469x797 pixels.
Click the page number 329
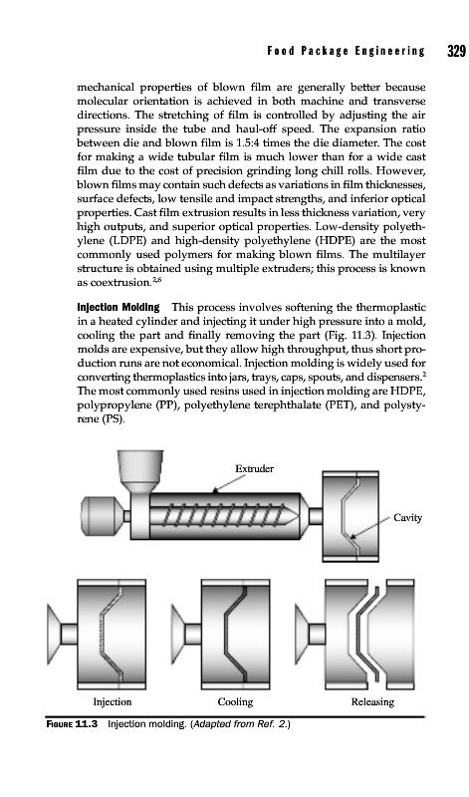pos(456,52)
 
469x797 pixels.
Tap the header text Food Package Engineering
pos(346,52)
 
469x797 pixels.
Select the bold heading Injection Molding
pos(117,307)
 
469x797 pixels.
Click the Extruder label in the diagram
pos(254,468)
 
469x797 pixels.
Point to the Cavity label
pos(407,518)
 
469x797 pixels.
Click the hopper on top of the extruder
pos(140,466)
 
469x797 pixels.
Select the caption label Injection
pos(112,702)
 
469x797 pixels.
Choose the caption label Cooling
pos(235,702)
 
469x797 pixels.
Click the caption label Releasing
pos(372,702)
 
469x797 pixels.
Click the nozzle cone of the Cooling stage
pos(178,633)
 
